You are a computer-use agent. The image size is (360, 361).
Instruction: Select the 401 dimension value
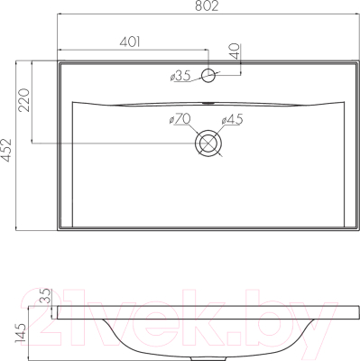point(132,42)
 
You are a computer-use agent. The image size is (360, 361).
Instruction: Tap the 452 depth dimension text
point(9,148)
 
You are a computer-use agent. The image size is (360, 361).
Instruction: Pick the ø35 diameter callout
point(181,77)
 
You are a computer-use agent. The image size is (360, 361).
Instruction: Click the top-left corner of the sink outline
point(58,62)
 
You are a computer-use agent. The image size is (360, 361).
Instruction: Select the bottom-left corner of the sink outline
point(58,232)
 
